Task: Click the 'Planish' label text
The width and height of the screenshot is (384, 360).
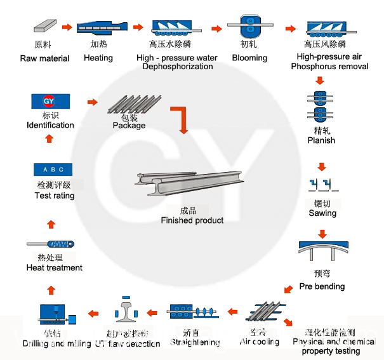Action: (x=321, y=140)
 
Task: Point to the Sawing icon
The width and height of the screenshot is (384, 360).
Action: (x=322, y=185)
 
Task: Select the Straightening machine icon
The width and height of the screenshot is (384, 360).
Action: (x=194, y=312)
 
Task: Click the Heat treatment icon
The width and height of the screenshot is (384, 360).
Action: (x=53, y=244)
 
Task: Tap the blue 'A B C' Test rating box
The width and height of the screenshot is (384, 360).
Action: (x=53, y=170)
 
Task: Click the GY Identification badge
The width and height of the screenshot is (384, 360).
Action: (x=50, y=101)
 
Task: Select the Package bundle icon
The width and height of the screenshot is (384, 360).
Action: (x=129, y=105)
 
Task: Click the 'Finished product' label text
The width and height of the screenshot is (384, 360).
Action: (x=192, y=220)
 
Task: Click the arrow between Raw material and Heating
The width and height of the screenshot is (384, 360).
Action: (x=67, y=27)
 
